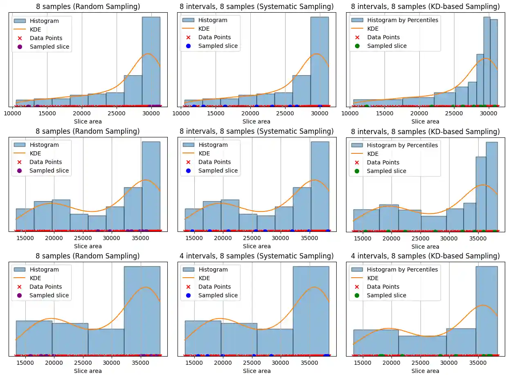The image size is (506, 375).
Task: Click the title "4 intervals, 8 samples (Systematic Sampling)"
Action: coord(256,256)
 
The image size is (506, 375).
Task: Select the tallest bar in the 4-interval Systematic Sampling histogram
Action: coord(311,311)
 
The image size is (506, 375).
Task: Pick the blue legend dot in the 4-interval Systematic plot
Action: coord(188,295)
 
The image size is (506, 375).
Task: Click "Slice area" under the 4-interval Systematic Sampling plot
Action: coord(256,371)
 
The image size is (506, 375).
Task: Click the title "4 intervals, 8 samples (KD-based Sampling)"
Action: coord(425,256)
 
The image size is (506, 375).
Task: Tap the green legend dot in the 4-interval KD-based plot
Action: coord(357,295)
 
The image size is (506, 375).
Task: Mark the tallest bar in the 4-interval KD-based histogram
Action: coord(486,311)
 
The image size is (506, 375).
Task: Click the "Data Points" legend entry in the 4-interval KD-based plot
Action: coord(383,287)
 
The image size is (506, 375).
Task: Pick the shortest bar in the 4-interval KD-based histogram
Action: coord(422,346)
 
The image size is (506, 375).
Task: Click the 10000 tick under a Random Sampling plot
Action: coord(12,113)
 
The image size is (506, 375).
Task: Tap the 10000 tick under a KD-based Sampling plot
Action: coord(350,113)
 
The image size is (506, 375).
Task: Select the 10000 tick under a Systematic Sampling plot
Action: coord(181,113)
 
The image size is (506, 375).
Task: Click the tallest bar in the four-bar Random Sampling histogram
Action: coord(142,311)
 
